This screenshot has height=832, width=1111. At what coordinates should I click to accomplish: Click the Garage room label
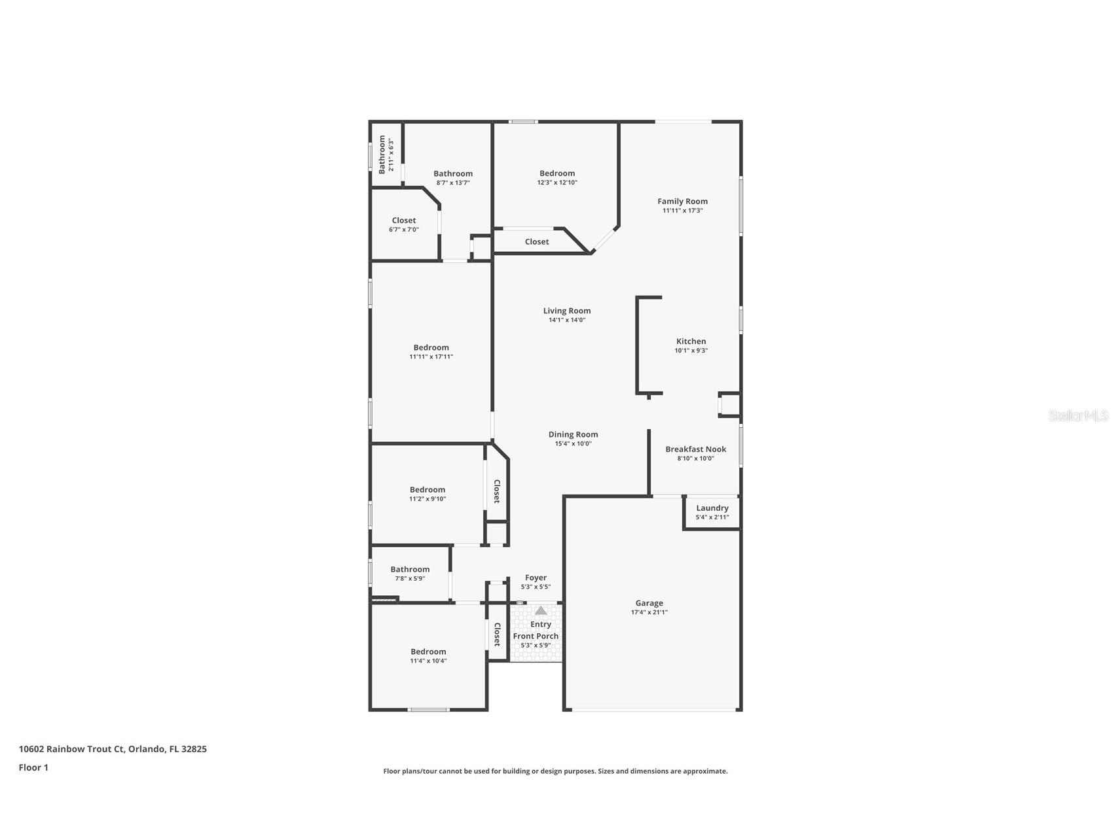pos(649,603)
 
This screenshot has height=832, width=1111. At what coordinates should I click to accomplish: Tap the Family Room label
pos(682,201)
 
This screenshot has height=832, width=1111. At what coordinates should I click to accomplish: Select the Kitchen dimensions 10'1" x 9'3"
pos(691,351)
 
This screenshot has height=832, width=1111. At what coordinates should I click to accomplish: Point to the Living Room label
pos(566,311)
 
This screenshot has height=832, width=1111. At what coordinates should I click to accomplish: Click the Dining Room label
pos(573,434)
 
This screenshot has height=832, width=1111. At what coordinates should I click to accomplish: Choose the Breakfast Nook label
pos(695,449)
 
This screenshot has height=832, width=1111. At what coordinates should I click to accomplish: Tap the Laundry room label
pos(712,508)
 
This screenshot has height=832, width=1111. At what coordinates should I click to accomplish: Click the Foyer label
pos(536,578)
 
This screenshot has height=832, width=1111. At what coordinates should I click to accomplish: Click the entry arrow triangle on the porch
pos(540,610)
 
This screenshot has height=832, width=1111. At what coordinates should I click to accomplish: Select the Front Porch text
pos(536,636)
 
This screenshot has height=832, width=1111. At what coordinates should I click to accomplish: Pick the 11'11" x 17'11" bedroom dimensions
pos(431,357)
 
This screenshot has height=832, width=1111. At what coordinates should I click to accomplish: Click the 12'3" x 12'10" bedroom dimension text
pos(556,182)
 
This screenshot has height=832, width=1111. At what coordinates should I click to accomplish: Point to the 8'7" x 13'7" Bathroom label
pos(452,174)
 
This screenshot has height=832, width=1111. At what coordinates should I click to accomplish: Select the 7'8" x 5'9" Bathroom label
pos(410,570)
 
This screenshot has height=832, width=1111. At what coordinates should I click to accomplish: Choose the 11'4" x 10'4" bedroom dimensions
pos(428,661)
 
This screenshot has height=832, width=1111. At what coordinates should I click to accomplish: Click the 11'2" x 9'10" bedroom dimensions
pos(427,499)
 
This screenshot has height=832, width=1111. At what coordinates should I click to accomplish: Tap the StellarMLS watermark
pos(1078,415)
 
